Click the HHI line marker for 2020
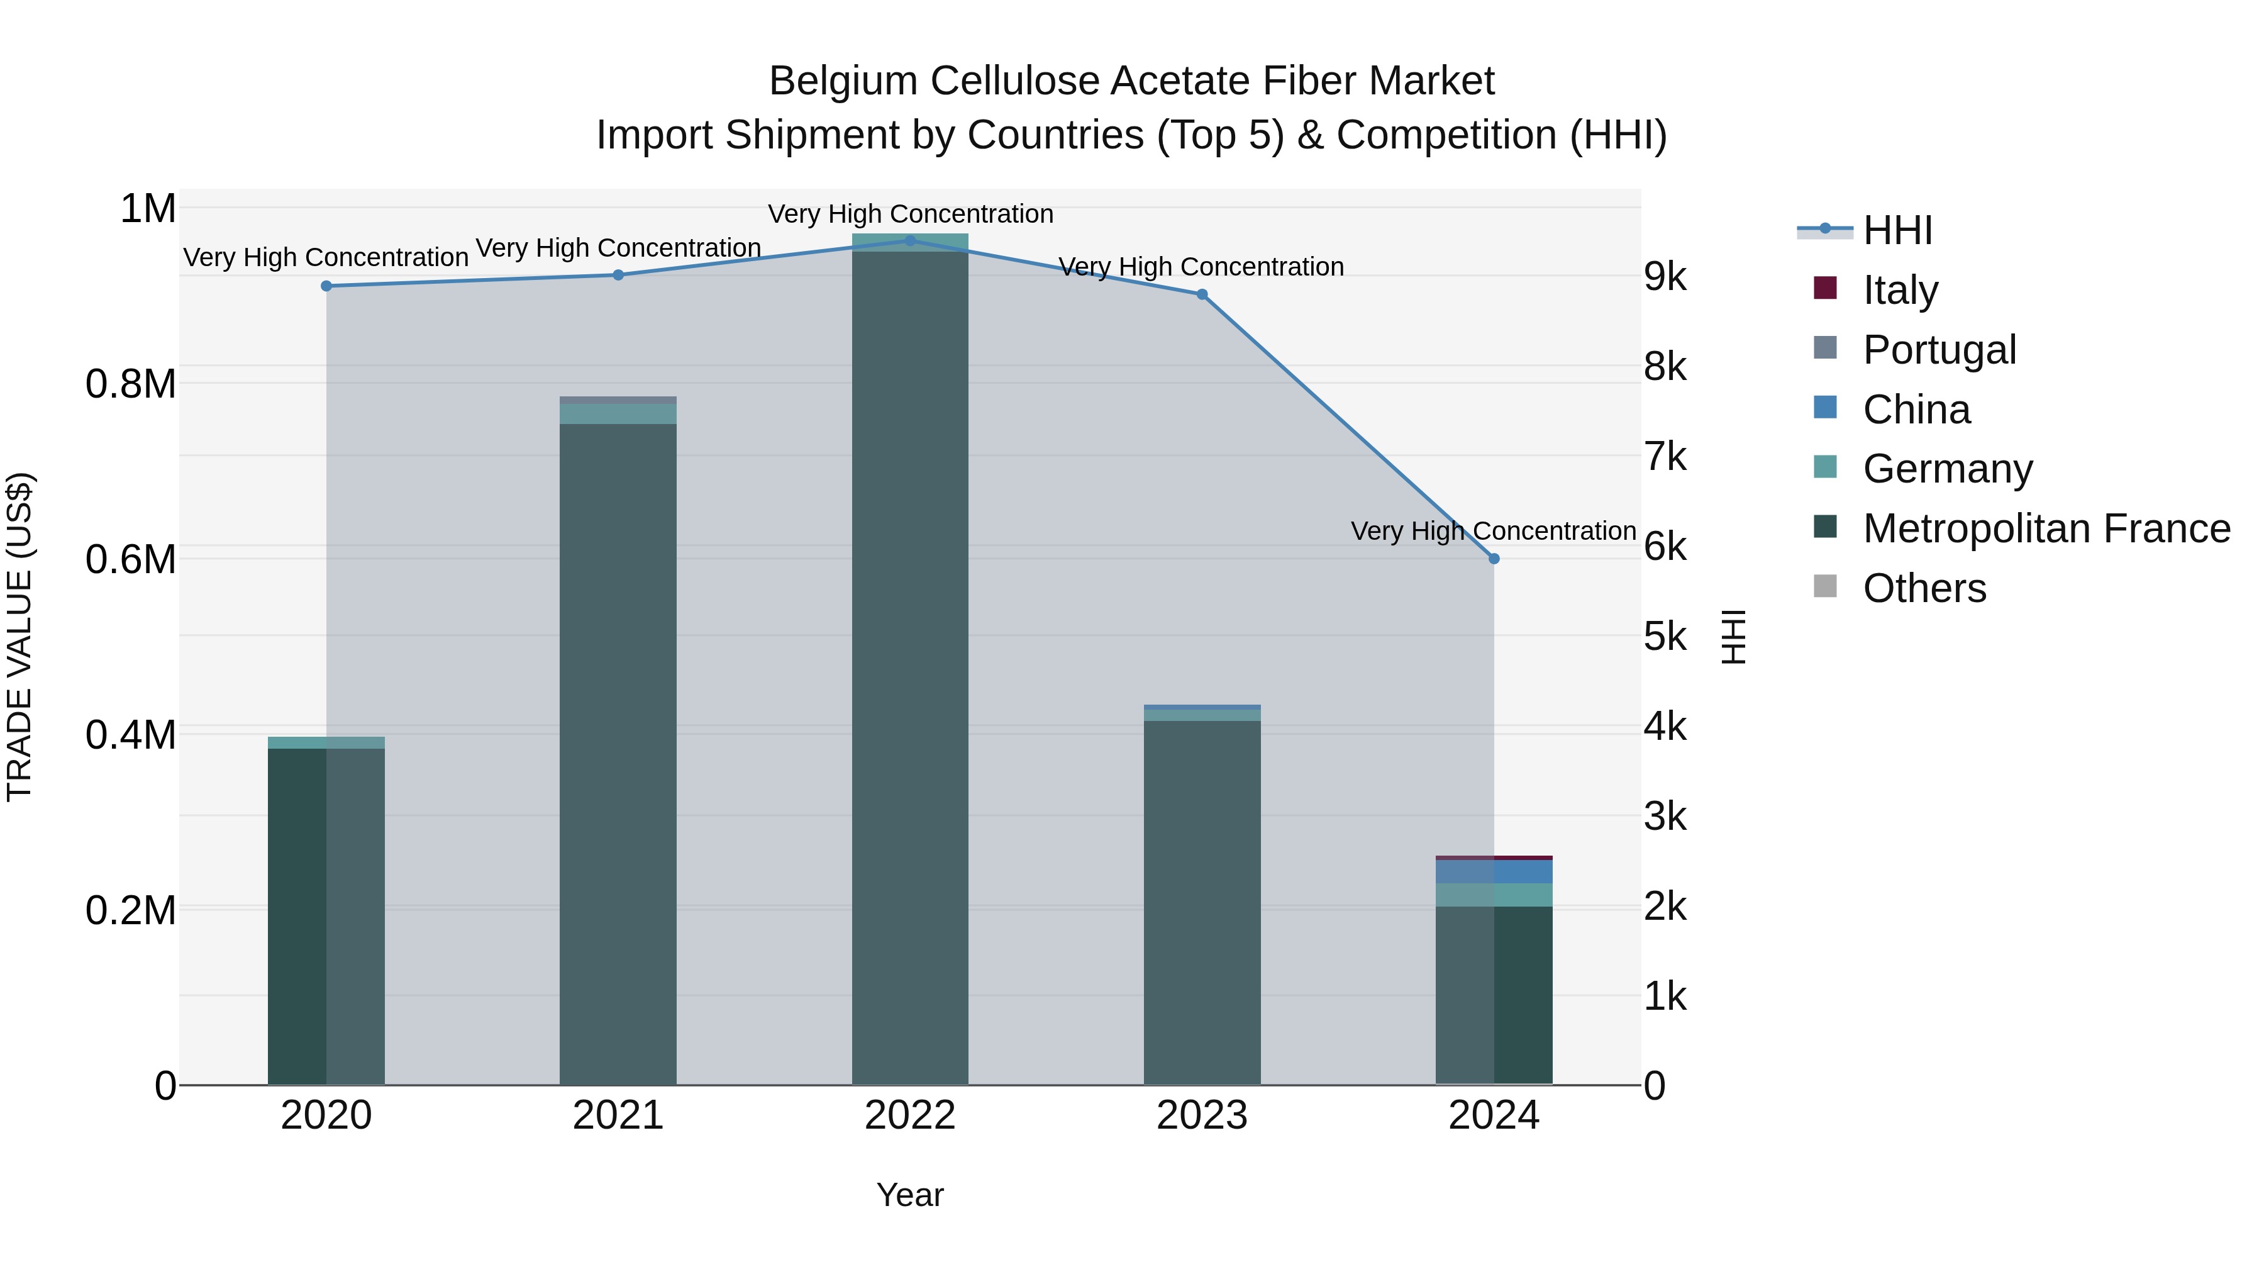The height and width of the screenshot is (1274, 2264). pos(326,286)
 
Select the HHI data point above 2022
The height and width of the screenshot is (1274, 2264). pos(909,240)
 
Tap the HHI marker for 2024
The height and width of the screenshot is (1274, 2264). pos(1493,558)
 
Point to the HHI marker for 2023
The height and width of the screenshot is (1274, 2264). pos(1201,294)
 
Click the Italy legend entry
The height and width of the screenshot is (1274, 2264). pos(1899,290)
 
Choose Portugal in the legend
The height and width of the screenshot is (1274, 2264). pos(1939,350)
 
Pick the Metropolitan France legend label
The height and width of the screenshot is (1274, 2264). pos(2046,528)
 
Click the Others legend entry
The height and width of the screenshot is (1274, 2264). pos(1924,588)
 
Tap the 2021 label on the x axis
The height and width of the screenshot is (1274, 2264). pos(618,1115)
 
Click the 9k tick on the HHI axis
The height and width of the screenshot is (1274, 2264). pos(1665,277)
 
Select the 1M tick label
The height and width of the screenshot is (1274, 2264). pos(148,210)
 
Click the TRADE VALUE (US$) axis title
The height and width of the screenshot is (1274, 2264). pos(20,637)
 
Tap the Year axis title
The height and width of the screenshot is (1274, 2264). pos(909,1195)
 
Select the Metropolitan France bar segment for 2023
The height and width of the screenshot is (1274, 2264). pos(1201,901)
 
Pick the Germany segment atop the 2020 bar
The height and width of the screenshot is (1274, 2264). pos(326,743)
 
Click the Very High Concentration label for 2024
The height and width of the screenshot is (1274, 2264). pos(1492,531)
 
